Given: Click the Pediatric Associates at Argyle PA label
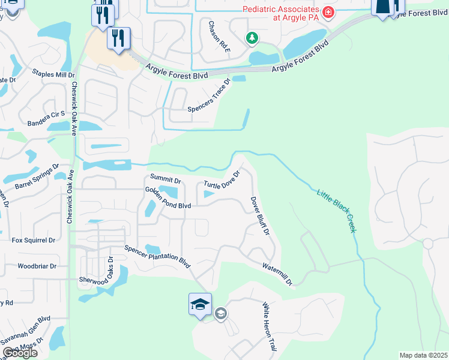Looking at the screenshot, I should tap(280, 13).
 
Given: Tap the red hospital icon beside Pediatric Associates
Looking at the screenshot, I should tap(328, 12).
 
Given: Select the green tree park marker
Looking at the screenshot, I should tap(253, 38).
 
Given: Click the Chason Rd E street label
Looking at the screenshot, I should tap(219, 36).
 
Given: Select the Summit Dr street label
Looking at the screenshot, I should tap(165, 179).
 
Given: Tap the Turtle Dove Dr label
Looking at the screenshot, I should tap(222, 179).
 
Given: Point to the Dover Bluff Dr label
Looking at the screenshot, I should tap(260, 215).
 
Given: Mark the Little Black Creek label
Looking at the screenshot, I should tap(337, 211).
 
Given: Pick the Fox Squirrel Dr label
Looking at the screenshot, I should tap(34, 240).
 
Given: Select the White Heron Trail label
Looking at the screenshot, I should tap(268, 327).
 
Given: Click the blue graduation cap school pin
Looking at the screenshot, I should tap(200, 304).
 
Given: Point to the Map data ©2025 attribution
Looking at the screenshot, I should tap(423, 355).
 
